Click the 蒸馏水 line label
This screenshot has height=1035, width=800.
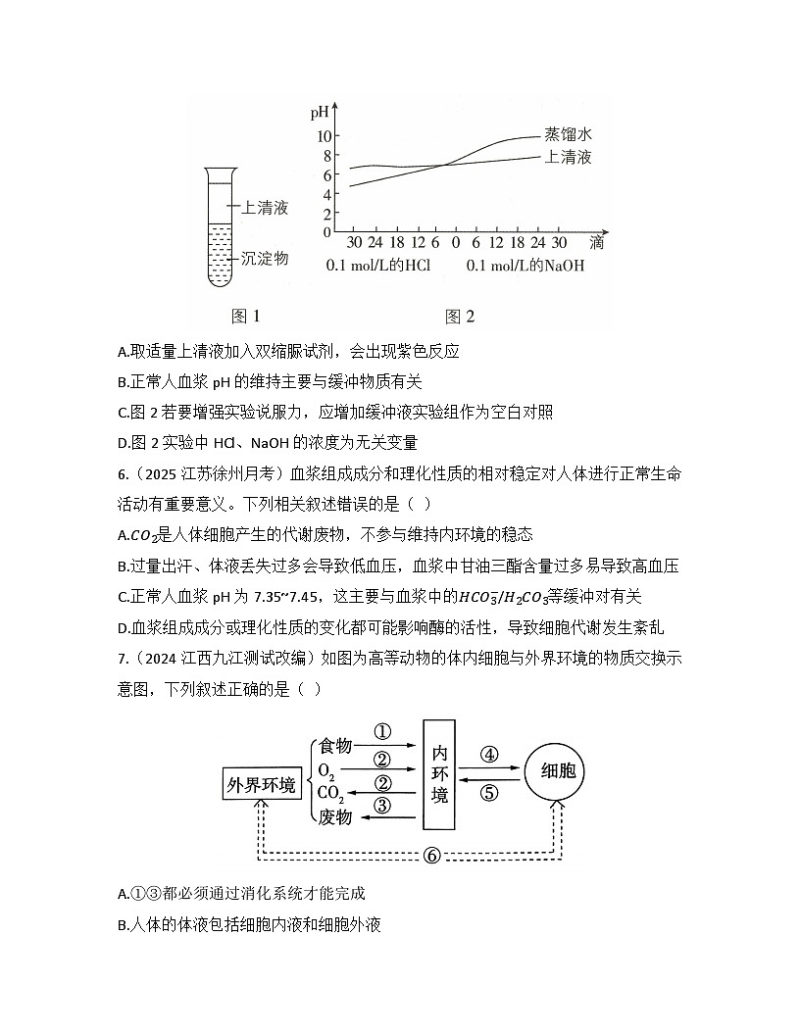568,134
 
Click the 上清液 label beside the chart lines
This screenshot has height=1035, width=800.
568,157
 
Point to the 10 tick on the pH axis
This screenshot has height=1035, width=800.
325,136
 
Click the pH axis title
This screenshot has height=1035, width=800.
320,112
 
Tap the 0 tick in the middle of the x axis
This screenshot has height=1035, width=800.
456,242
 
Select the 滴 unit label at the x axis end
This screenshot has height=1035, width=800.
597,242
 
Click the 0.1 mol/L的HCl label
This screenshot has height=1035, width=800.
378,266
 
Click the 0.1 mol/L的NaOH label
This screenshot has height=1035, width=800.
525,266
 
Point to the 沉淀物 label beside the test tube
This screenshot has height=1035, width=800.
265,258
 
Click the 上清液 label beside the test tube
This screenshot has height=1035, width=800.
265,207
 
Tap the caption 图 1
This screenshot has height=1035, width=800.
245,317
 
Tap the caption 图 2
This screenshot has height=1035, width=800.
460,317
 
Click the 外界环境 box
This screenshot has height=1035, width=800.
262,784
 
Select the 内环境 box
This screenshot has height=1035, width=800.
439,774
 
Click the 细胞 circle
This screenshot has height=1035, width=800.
559,771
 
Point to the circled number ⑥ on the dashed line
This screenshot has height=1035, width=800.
431,856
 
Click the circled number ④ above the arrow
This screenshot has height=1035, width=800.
489,755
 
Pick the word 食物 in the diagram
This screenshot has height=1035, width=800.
335,745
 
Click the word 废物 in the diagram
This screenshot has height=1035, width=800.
335,817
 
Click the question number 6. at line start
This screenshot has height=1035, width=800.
123,474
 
